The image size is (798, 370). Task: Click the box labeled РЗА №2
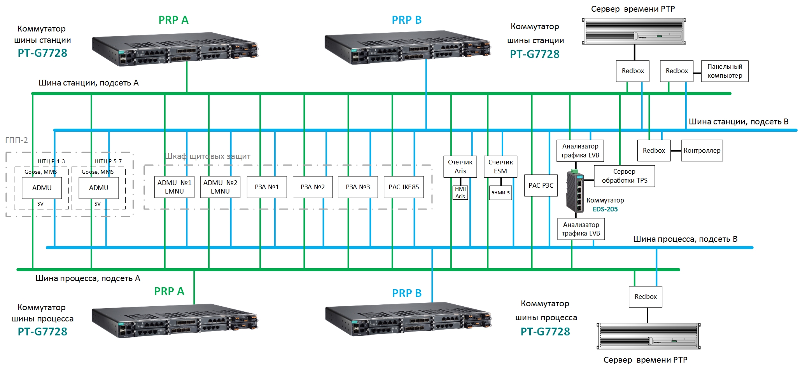313,187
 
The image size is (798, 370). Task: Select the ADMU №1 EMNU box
174,187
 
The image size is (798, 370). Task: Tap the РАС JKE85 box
404,187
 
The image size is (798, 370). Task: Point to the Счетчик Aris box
460,167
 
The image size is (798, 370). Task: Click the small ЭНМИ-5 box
500,192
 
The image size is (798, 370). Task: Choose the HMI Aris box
460,192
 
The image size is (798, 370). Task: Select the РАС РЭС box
541,186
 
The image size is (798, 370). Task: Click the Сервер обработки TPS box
624,176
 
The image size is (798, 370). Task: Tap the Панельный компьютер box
724,71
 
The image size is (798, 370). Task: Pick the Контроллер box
702,150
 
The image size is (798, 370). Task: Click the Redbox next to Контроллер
654,150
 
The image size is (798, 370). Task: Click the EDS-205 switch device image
575,191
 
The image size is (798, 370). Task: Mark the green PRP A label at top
173,20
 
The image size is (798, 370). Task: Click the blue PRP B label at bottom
407,293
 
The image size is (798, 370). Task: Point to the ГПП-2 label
16,140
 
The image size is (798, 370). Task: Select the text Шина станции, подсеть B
738,122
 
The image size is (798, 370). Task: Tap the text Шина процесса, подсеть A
88,278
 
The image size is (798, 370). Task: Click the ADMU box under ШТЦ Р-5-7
99,188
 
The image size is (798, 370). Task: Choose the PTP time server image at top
634,31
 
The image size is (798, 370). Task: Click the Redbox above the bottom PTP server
646,297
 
